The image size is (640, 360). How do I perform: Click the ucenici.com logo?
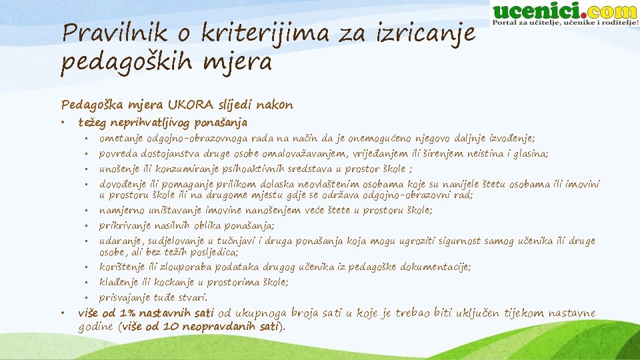click(x=563, y=15)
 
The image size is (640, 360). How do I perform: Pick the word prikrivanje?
click(x=124, y=225)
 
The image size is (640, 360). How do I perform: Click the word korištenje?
click(x=123, y=267)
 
